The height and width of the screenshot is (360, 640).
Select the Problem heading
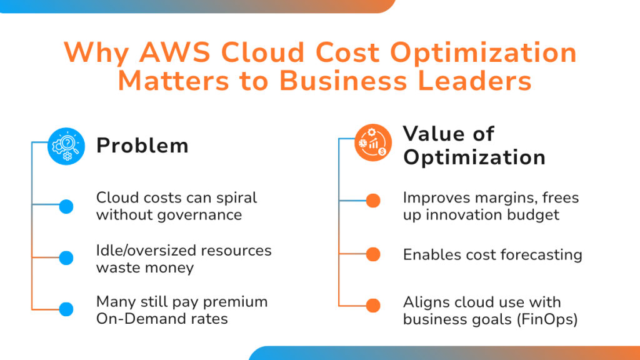142,146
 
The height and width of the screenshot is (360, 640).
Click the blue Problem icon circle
66,146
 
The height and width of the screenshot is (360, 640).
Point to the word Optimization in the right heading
474,157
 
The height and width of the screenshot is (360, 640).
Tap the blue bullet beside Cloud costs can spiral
66,206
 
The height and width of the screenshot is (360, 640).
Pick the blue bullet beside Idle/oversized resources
66,257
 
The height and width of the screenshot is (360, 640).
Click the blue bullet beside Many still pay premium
66,309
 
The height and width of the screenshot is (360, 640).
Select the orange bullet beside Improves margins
373,201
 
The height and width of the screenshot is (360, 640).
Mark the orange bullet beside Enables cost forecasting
373,254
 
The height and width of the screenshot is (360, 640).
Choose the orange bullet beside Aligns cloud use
373,306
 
